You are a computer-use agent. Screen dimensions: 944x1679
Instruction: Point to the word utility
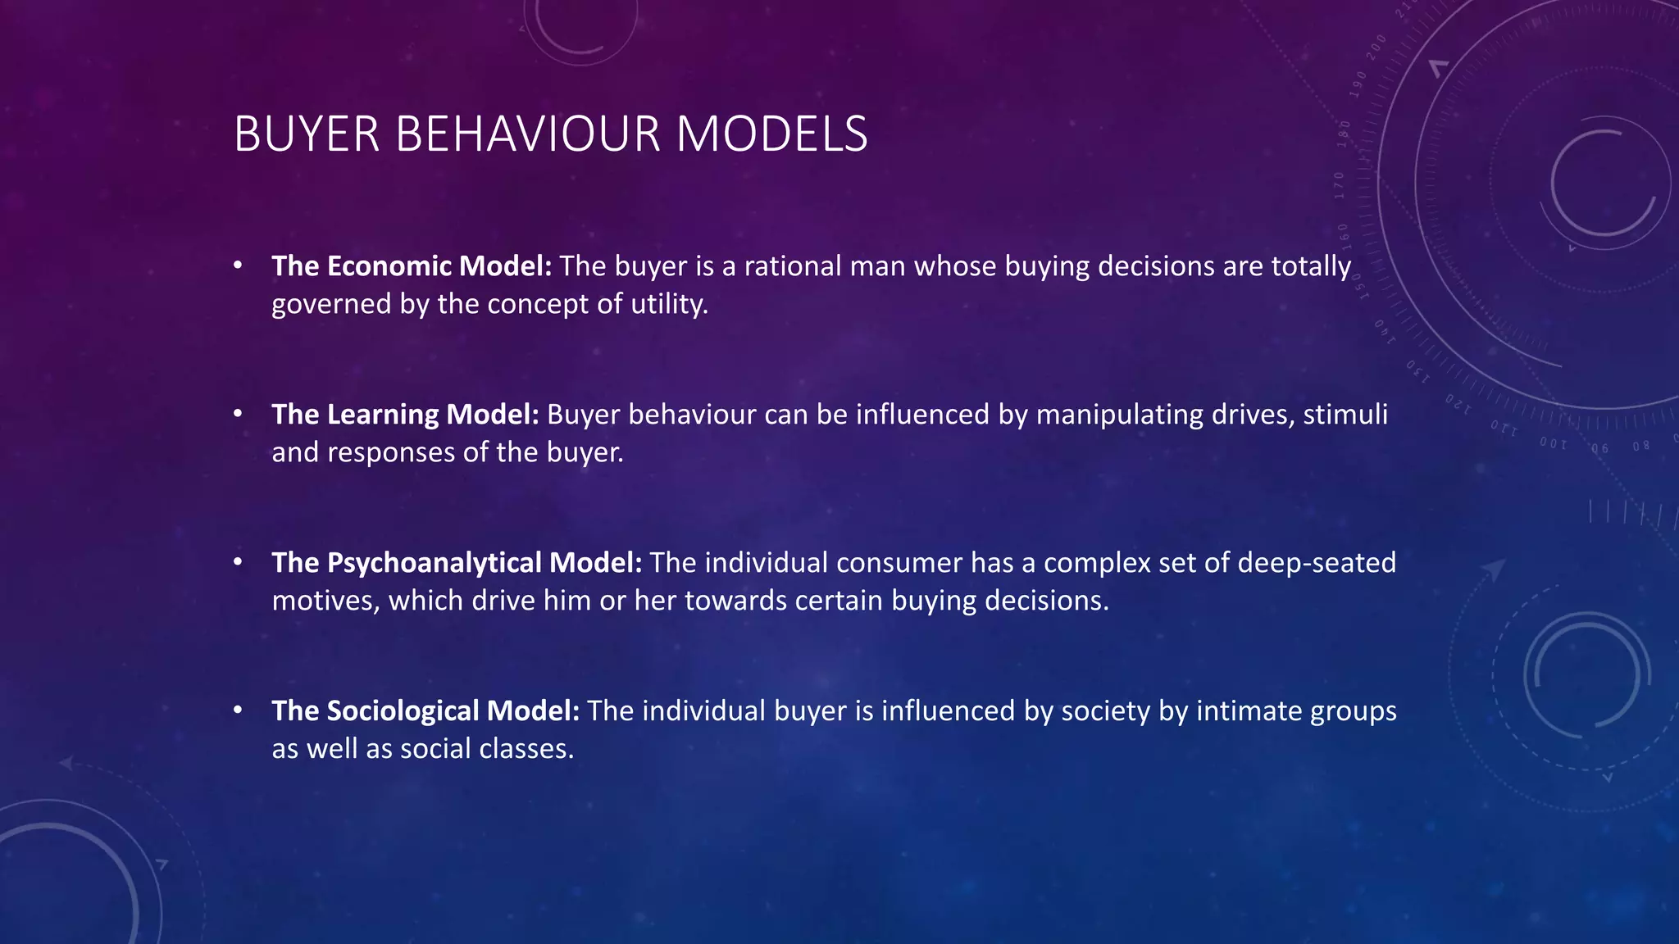tap(669, 305)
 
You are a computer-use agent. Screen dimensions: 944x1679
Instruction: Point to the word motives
tap(325, 601)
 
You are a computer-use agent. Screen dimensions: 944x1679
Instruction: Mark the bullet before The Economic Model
tap(238, 265)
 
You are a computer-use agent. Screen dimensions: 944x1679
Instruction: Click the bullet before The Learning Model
tap(238, 414)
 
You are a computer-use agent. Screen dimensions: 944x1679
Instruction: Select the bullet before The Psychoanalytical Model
tap(238, 562)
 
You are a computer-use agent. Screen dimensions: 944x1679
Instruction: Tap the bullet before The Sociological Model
tap(238, 710)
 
